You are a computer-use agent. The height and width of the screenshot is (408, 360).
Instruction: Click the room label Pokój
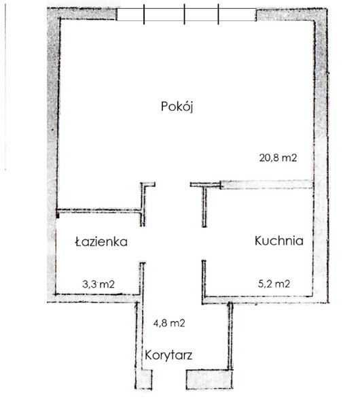click(177, 107)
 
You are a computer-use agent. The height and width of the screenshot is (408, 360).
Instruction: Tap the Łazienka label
click(101, 241)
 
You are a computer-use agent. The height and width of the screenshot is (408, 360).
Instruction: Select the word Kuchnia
click(279, 241)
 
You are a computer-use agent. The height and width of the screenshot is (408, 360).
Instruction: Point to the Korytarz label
click(168, 355)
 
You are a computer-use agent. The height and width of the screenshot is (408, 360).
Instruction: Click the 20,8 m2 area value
click(278, 158)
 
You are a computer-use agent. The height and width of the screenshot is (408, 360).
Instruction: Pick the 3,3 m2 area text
click(98, 284)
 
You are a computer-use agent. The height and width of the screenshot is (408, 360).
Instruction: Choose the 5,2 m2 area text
click(274, 284)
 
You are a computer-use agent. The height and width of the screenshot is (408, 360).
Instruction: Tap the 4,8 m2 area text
click(169, 323)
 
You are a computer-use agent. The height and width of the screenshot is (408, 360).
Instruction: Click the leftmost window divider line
click(144, 14)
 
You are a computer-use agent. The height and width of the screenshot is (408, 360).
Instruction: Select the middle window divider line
click(184, 14)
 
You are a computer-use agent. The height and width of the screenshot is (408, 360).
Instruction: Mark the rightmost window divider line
click(218, 14)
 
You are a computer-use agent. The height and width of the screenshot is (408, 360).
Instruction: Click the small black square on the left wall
click(58, 215)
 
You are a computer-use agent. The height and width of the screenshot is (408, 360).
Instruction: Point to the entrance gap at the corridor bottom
click(169, 379)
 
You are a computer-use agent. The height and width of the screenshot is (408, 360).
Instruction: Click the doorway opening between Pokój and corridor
click(173, 184)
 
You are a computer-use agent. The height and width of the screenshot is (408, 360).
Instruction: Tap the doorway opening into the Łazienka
click(143, 244)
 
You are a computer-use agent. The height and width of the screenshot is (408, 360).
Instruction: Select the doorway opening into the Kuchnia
click(204, 244)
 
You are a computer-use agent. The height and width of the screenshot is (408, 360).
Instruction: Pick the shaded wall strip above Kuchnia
click(266, 184)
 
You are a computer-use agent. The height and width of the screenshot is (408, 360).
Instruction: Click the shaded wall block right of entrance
click(209, 379)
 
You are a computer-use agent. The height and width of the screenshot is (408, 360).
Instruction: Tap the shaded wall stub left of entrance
click(144, 379)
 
